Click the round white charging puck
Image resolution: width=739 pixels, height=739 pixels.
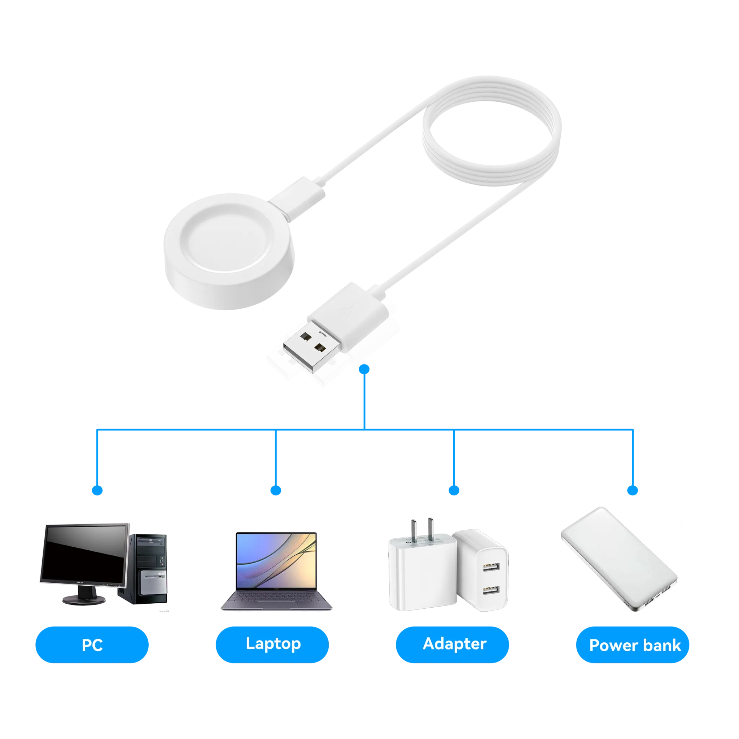coord(229,251)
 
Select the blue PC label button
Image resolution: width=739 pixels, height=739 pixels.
coord(92,644)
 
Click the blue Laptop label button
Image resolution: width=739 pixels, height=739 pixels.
coord(272,644)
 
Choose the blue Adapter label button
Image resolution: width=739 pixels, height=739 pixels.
coord(452,644)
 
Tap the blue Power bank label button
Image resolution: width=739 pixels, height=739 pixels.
coord(633,644)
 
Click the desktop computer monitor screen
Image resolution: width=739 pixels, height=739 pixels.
coord(84,554)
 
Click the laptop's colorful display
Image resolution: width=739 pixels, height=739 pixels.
coord(276,560)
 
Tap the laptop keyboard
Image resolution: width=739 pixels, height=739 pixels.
coord(276,598)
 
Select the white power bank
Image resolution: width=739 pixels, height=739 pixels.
coord(619,559)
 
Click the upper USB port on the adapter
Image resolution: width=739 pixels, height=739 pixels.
coord(491,567)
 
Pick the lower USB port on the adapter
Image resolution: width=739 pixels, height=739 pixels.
coord(491,590)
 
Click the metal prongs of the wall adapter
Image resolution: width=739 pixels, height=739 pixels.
coord(422,529)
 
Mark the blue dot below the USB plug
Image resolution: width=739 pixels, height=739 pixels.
coord(364,369)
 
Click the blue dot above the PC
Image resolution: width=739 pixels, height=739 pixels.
coord(97,490)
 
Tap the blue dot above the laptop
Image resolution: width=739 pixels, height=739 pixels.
coord(276,490)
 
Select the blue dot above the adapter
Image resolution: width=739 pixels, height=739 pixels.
coord(454,490)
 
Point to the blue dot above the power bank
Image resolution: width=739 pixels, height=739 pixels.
coord(633,490)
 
